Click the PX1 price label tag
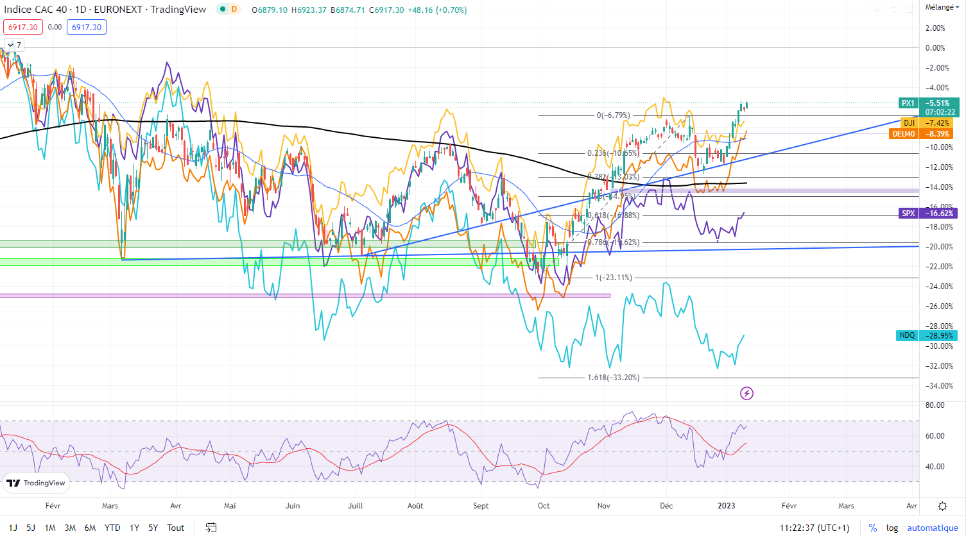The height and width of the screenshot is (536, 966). [x=908, y=103]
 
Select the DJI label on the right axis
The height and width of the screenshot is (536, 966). [x=909, y=123]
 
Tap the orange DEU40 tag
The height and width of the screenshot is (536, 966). [x=903, y=134]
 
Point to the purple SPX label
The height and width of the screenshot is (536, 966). [x=908, y=214]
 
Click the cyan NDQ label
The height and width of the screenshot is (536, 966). [x=907, y=335]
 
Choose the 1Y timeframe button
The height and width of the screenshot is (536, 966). [x=134, y=528]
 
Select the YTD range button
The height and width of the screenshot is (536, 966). [x=112, y=528]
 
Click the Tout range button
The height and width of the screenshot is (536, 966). [x=176, y=528]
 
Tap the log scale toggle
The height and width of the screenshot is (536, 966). [x=892, y=528]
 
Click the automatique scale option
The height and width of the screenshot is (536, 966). [x=932, y=528]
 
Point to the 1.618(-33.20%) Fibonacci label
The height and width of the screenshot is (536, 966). [x=613, y=378]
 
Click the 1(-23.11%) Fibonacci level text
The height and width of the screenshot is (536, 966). [x=613, y=278]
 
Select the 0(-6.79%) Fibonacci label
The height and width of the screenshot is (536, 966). [x=613, y=115]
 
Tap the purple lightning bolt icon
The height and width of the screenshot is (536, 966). [x=746, y=393]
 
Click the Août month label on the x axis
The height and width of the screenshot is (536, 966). [x=415, y=506]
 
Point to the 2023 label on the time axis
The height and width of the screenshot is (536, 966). [x=726, y=506]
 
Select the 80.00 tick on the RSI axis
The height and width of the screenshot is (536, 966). [x=935, y=405]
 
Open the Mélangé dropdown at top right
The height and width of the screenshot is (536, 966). [x=942, y=7]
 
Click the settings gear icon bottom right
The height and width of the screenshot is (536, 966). [x=942, y=506]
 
